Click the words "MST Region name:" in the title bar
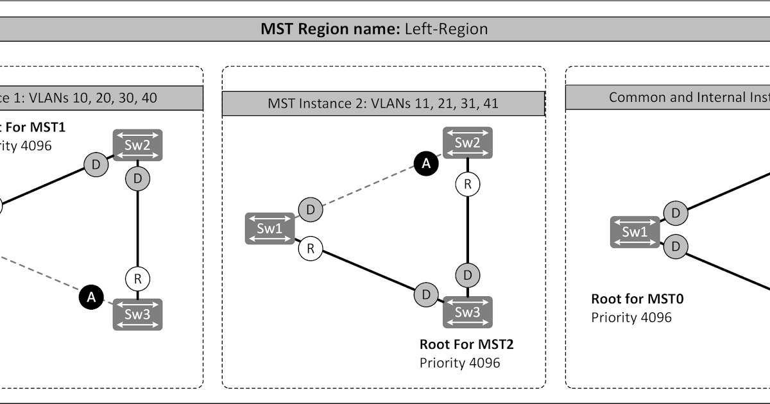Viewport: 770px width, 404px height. [330, 29]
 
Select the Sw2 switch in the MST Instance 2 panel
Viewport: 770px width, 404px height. [467, 142]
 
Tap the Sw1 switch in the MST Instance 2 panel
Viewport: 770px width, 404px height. [269, 229]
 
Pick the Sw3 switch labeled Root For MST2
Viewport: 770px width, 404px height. [467, 312]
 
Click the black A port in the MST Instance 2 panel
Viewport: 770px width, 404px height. [425, 164]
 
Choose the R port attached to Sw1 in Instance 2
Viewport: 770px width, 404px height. [311, 249]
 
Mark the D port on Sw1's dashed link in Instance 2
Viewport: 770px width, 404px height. [311, 209]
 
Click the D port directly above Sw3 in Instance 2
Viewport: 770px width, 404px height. [468, 275]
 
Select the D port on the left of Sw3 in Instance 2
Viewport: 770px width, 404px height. [425, 295]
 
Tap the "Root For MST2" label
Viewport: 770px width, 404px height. [466, 344]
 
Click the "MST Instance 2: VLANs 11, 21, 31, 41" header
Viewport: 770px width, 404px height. [383, 103]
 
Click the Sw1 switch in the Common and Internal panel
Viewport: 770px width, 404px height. [635, 232]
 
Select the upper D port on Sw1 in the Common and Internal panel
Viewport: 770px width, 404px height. [675, 213]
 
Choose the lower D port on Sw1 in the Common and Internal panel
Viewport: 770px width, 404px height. [675, 246]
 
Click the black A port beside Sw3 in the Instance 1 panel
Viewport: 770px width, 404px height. [91, 297]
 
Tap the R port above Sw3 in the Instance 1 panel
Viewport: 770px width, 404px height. [137, 279]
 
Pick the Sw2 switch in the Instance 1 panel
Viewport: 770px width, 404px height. [138, 145]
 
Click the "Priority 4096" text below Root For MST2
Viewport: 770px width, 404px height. [459, 363]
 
